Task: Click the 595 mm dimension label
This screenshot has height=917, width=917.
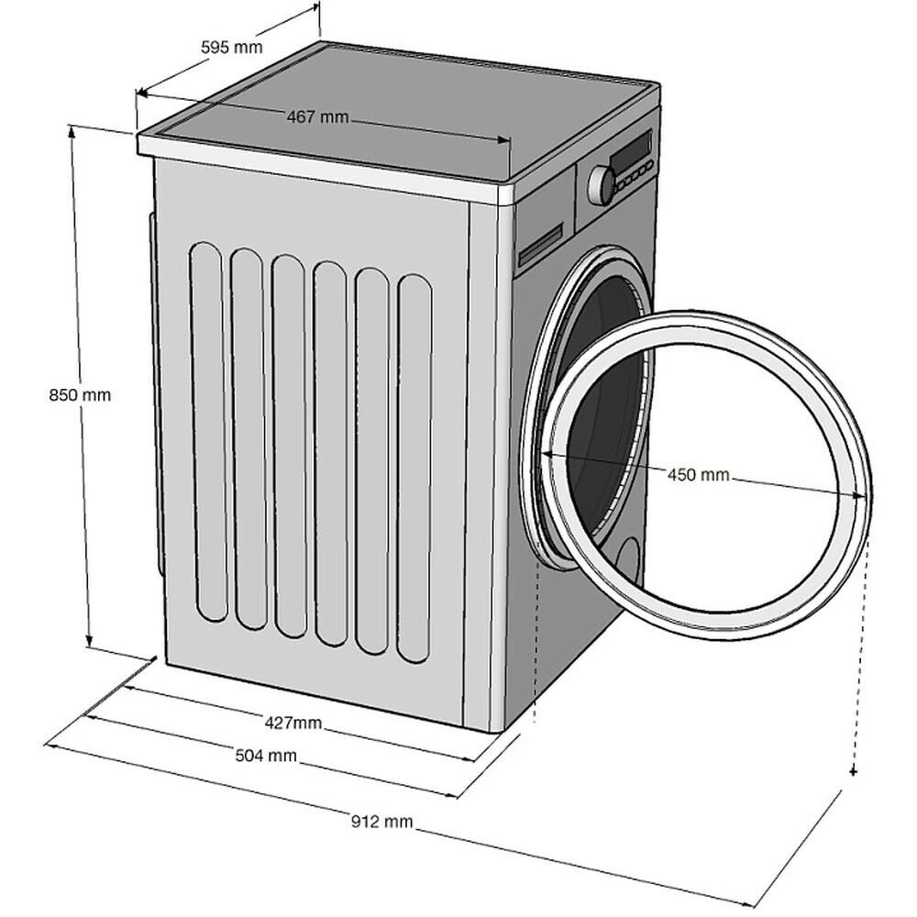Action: click(231, 47)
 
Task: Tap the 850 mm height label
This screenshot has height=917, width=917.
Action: click(80, 395)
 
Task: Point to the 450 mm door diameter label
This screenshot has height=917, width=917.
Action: click(698, 474)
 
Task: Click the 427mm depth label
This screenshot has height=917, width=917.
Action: click(293, 723)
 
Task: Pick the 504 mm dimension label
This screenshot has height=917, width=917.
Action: click(267, 756)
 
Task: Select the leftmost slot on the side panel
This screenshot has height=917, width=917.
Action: click(207, 431)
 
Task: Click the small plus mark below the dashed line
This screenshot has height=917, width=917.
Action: click(854, 772)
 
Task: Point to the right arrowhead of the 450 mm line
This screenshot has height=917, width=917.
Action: click(862, 495)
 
